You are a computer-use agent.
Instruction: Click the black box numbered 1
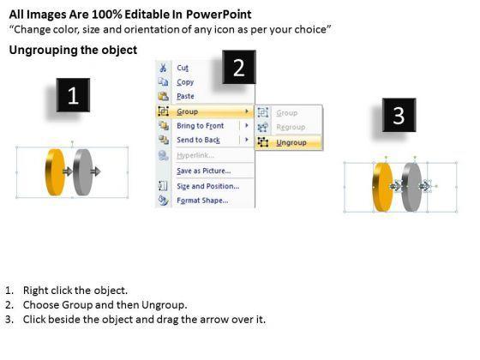tap(73, 95)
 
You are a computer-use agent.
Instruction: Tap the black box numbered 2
tap(239, 67)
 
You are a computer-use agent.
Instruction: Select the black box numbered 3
tap(399, 115)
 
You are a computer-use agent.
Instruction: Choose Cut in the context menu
tap(183, 68)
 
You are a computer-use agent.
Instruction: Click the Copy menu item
tap(185, 82)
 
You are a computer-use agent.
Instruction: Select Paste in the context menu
tap(185, 96)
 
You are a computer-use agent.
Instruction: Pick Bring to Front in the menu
tap(201, 125)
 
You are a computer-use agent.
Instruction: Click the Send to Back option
tap(198, 140)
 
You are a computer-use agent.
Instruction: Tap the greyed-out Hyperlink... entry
tap(195, 155)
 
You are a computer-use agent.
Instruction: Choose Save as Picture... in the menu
tap(204, 171)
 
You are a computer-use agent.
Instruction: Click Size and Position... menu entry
tap(207, 186)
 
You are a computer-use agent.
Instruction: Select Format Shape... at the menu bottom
tap(202, 201)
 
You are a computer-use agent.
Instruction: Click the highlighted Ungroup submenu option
tap(291, 142)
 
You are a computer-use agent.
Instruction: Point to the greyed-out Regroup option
tap(291, 127)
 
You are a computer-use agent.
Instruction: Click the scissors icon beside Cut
tap(163, 68)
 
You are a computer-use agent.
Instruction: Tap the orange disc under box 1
tap(55, 172)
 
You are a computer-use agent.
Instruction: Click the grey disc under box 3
tap(411, 187)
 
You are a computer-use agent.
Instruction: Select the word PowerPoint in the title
tap(219, 15)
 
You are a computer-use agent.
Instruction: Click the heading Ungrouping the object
tap(73, 50)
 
